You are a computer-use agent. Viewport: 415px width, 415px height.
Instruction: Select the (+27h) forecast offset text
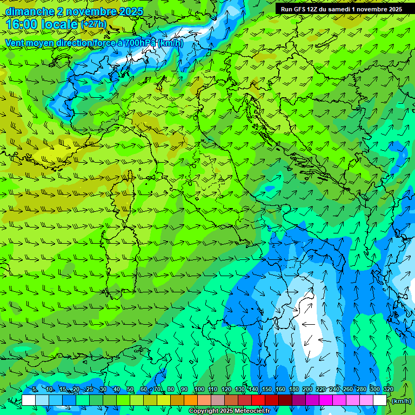click(93, 24)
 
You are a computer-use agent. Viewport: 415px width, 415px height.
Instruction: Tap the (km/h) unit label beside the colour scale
click(401, 401)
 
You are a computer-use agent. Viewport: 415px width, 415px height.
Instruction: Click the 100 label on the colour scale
click(199, 389)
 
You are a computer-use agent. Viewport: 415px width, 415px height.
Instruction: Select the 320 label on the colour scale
click(388, 389)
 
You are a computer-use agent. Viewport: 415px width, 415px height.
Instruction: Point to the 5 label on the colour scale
click(35, 389)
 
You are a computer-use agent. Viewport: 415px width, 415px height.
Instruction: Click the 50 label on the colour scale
click(130, 389)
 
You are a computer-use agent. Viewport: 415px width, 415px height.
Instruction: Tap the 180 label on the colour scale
click(293, 389)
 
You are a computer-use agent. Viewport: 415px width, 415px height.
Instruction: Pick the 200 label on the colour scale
click(307, 389)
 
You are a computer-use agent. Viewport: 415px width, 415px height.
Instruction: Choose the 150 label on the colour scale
click(266, 389)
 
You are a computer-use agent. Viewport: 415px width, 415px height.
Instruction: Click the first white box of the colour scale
click(28, 400)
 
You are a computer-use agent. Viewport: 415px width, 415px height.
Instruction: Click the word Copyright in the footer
click(204, 411)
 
